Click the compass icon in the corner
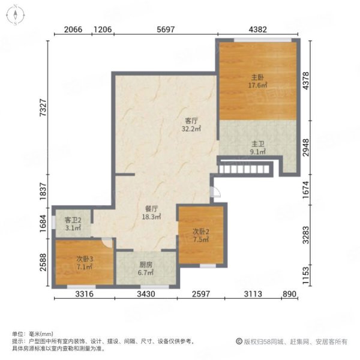(16, 15)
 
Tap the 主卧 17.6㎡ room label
(257, 81)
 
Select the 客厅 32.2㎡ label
(191, 125)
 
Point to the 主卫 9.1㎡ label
(258, 148)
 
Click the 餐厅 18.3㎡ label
(151, 212)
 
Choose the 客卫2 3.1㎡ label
(73, 224)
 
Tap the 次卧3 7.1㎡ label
(85, 263)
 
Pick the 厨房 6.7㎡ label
(146, 269)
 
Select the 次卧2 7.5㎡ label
(201, 236)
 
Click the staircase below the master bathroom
(244, 169)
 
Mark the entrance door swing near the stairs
(216, 192)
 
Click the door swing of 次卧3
(107, 242)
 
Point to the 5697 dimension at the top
(166, 29)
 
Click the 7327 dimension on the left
(43, 107)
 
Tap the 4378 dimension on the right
(306, 80)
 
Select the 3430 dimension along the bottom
(146, 294)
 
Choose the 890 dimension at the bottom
(290, 294)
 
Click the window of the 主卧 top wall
(263, 40)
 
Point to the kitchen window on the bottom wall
(155, 287)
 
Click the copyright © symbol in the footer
(239, 341)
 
